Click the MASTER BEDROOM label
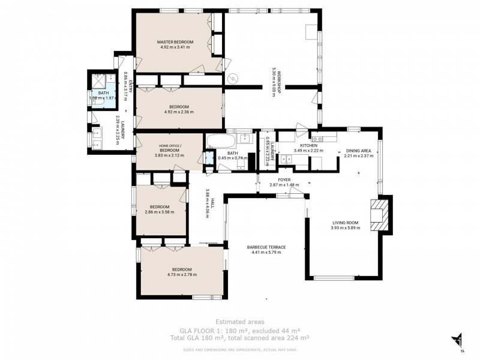point(175,42)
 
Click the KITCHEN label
point(308,145)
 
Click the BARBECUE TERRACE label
point(266,247)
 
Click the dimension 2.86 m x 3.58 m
point(158,212)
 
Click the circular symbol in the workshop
point(235,79)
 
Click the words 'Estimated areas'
point(240,322)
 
